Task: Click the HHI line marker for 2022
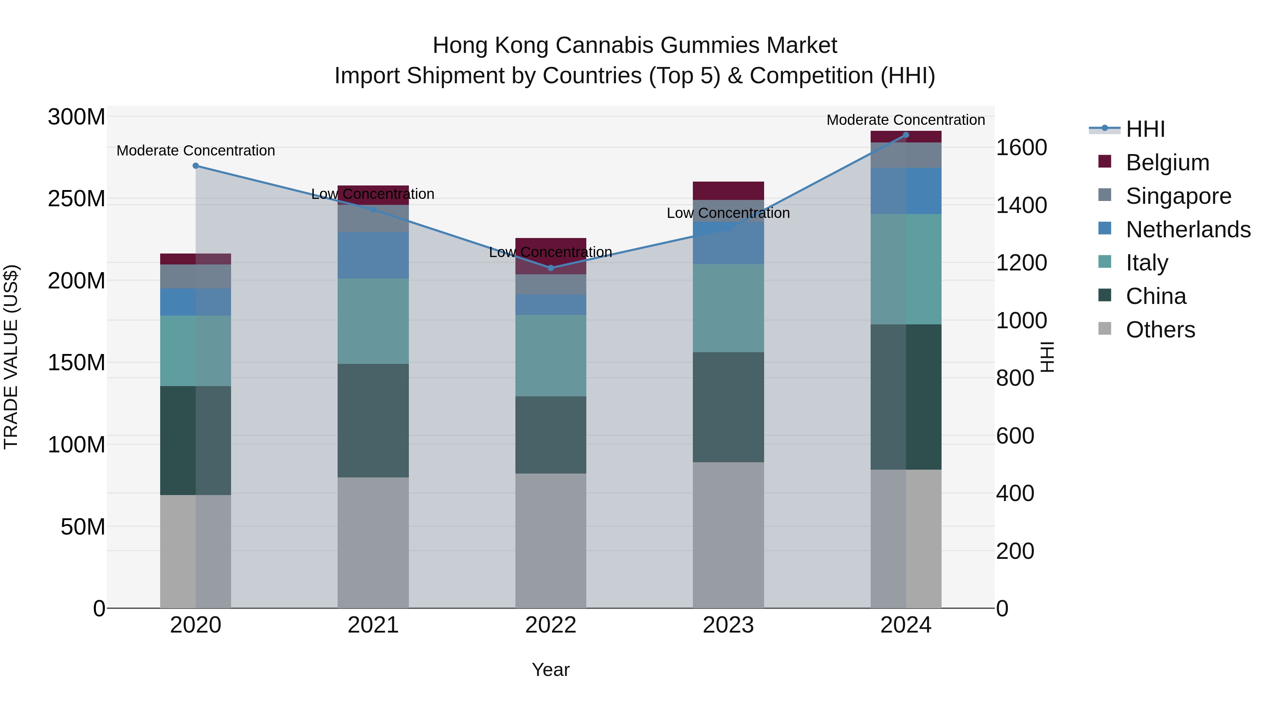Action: pos(551,268)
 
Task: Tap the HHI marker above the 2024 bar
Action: pos(906,135)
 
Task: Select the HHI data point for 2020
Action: pos(196,166)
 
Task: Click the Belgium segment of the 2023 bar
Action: pos(728,191)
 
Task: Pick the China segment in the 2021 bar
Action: pos(373,420)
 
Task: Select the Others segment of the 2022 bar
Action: pos(551,541)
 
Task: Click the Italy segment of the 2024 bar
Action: pos(906,269)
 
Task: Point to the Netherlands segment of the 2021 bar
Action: pos(373,255)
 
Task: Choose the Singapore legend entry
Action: pos(1178,196)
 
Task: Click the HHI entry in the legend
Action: pos(1145,129)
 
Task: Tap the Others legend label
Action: pos(1161,330)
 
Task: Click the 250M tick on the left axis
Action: pos(77,199)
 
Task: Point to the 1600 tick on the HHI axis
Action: pos(1021,148)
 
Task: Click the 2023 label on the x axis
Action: pos(728,625)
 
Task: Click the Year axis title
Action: pos(551,670)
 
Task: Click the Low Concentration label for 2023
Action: pos(728,213)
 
